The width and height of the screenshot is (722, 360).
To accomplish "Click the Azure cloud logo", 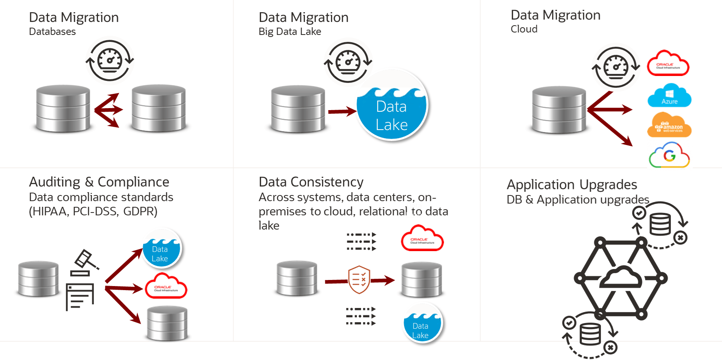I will pos(669,96).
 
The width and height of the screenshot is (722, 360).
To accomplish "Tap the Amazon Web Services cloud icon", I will pos(669,126).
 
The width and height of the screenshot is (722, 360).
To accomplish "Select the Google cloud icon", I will pos(669,155).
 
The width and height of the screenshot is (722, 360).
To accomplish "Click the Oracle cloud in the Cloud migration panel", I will pos(668,64).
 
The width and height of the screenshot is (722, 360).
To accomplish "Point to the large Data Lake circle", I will pos(392,110).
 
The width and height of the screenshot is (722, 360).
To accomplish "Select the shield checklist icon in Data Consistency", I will pos(359,280).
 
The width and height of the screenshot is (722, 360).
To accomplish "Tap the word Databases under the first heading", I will pos(52,32).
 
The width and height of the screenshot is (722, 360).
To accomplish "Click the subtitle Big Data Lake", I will pos(290,32).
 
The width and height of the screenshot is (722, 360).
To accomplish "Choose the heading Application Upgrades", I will pos(572,184).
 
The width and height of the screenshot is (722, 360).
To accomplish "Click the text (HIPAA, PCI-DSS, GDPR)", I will pos(93,211).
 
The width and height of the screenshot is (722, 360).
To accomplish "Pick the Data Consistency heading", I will pos(311,182).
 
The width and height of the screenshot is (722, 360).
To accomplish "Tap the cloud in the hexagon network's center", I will pos(621,278).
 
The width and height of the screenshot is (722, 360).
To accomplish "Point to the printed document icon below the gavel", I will pos(80,297).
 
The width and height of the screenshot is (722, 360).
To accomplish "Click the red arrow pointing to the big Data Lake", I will pos(342,111).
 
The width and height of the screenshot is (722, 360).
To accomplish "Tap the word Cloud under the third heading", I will pos(524,29).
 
